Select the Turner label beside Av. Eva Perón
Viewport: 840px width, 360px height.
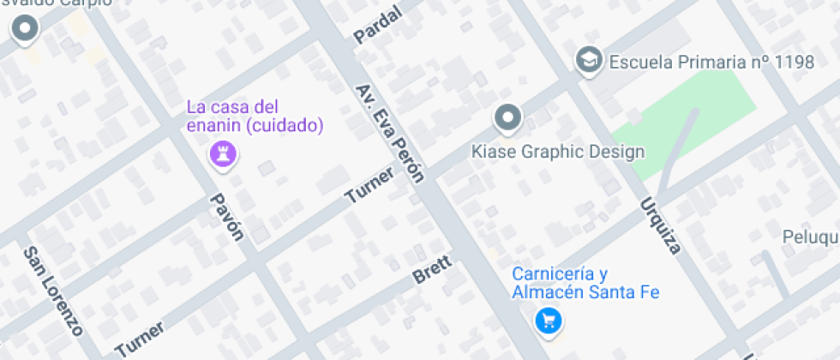click(369, 185)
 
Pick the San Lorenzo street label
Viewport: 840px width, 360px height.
click(52, 291)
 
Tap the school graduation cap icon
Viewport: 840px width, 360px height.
click(588, 59)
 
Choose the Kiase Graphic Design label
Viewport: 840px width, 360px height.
click(558, 153)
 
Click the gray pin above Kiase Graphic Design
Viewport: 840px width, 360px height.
click(508, 117)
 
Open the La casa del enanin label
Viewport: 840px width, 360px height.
click(233, 107)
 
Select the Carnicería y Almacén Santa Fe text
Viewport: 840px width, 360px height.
click(585, 283)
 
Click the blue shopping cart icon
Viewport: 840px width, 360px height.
click(549, 321)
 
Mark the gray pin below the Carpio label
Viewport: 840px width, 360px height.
click(25, 30)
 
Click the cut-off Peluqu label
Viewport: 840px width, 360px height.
click(810, 237)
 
